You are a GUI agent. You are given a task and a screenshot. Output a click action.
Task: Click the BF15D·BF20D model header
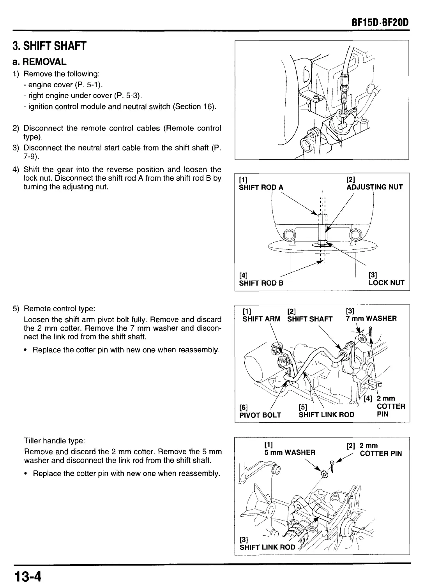click(x=380, y=23)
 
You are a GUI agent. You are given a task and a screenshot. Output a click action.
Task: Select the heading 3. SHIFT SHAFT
click(x=49, y=46)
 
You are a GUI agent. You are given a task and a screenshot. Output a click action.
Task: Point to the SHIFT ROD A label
click(x=261, y=187)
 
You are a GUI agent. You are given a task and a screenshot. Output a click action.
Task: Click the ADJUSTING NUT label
click(x=374, y=187)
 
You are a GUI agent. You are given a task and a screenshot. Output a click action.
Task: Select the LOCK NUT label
click(x=386, y=283)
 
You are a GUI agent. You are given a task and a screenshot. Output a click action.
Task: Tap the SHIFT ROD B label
click(x=261, y=283)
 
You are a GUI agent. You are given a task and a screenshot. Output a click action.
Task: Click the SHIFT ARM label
click(x=261, y=319)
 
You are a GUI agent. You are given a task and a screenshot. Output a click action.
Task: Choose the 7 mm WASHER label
click(x=371, y=319)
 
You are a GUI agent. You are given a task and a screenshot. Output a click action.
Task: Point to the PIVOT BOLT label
click(x=260, y=415)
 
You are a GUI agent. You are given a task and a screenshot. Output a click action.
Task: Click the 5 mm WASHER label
click(x=290, y=452)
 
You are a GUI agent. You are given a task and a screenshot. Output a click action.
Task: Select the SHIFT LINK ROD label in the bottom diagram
click(x=267, y=547)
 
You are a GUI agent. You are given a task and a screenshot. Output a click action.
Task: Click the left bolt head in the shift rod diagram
click(x=289, y=235)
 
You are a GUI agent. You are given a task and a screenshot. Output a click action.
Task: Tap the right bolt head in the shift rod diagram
click(x=355, y=235)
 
